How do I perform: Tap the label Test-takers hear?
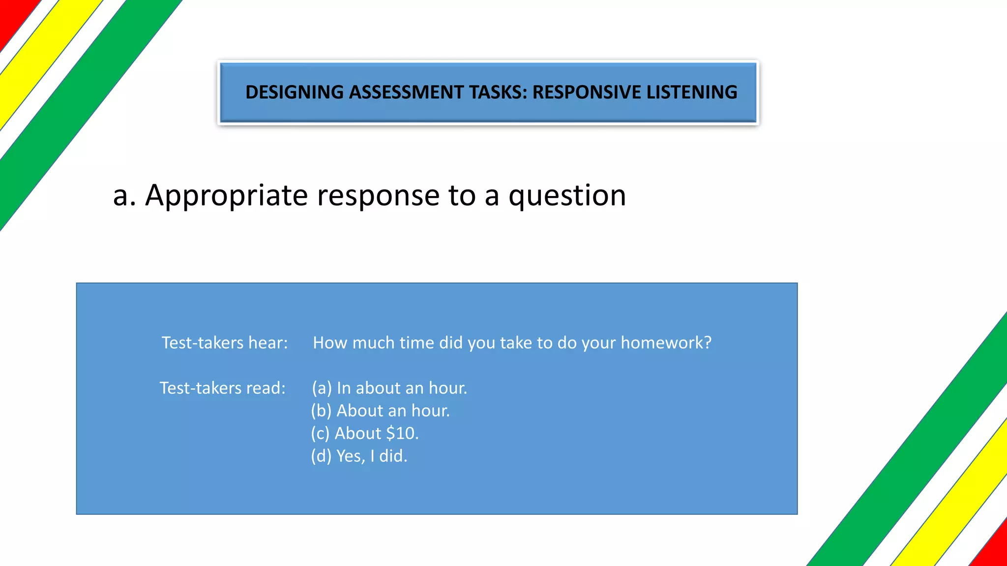point(225,342)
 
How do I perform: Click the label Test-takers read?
point(222,388)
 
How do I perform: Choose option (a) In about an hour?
point(389,388)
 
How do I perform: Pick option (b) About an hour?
point(381,411)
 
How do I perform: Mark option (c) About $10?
point(365,433)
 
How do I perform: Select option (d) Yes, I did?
point(359,456)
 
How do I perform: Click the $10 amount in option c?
point(401,433)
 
